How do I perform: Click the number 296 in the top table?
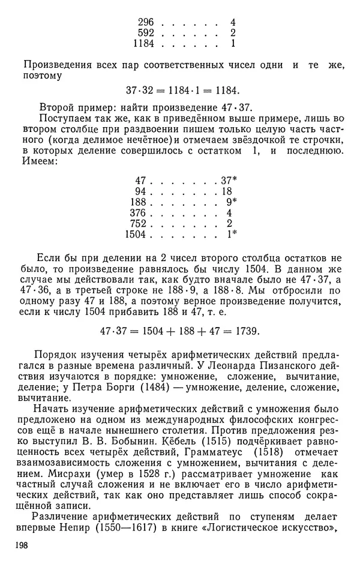[x=145, y=22]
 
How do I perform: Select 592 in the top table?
[x=145, y=32]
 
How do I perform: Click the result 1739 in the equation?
[x=247, y=331]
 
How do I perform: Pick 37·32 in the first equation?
[x=140, y=91]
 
